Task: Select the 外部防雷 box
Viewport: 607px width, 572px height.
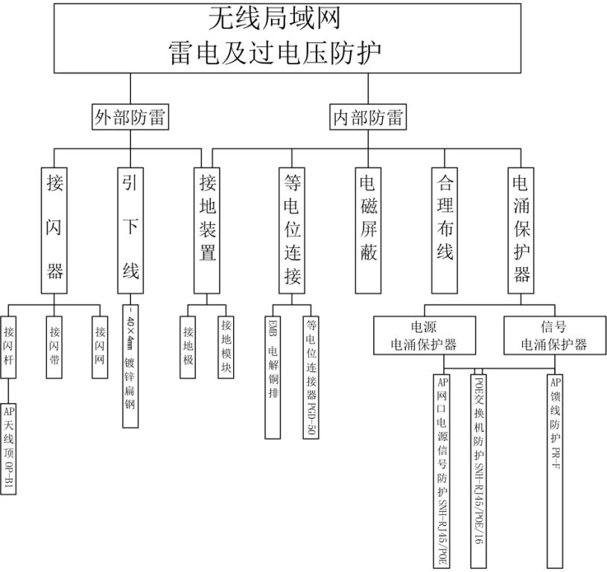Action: (x=130, y=116)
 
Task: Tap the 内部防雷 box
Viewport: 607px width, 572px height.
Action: (x=368, y=116)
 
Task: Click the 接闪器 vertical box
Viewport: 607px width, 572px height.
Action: (x=55, y=228)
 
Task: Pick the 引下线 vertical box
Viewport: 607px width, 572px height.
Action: (x=130, y=228)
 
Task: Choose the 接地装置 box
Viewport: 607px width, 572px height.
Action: (x=208, y=228)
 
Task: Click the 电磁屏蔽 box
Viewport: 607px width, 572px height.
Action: (x=368, y=228)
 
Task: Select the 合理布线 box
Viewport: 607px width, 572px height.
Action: (x=444, y=228)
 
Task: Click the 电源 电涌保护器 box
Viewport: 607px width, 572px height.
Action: (x=424, y=334)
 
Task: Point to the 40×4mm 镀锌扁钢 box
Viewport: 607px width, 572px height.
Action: (x=130, y=365)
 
